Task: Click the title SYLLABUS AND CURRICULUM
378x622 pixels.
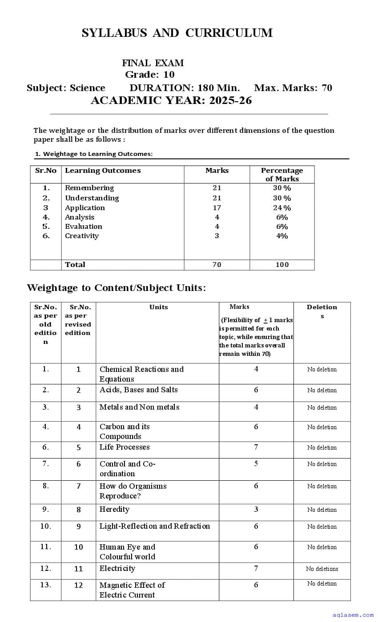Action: click(177, 33)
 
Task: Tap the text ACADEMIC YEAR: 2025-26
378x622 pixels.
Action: click(171, 100)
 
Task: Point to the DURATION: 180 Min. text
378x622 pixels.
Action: click(185, 88)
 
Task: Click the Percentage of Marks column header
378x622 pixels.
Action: click(282, 175)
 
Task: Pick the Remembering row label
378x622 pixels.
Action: click(89, 188)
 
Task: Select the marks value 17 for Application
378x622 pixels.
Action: click(217, 207)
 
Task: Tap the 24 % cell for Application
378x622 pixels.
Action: click(282, 208)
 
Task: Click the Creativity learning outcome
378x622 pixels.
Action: click(82, 236)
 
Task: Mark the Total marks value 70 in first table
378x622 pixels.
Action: click(217, 265)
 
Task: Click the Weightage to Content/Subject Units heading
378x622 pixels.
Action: click(117, 288)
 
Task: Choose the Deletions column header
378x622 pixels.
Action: click(322, 311)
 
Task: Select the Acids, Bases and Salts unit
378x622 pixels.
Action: click(138, 390)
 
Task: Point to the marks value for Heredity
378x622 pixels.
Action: click(256, 509)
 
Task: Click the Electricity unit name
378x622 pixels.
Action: click(117, 568)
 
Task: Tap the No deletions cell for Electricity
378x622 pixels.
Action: click(322, 569)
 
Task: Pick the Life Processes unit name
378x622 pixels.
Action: click(125, 447)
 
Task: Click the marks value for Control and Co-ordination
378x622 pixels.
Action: click(256, 464)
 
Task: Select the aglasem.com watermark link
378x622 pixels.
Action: click(353, 615)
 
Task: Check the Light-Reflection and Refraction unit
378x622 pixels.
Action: click(155, 526)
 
